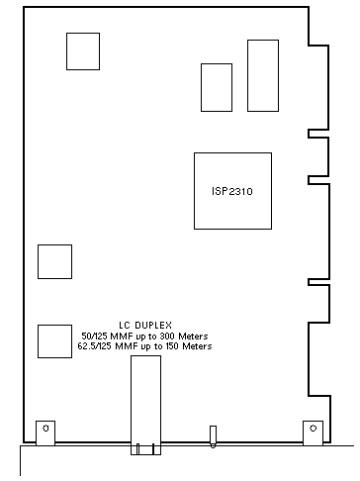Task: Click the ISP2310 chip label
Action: [x=232, y=191]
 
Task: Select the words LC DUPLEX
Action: [x=145, y=326]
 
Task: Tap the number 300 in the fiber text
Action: [x=167, y=337]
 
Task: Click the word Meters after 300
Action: [x=193, y=337]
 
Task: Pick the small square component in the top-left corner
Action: [x=83, y=51]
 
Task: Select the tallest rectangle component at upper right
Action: [x=263, y=75]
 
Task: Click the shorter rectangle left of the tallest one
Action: [x=217, y=87]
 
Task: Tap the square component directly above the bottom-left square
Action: [x=54, y=261]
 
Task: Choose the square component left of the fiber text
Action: [x=54, y=341]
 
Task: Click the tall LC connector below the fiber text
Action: [x=145, y=405]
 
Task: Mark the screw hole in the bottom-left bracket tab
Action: [x=45, y=429]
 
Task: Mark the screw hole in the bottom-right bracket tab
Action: [x=314, y=429]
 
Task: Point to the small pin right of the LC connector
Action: [x=213, y=436]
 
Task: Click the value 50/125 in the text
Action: [x=94, y=337]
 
